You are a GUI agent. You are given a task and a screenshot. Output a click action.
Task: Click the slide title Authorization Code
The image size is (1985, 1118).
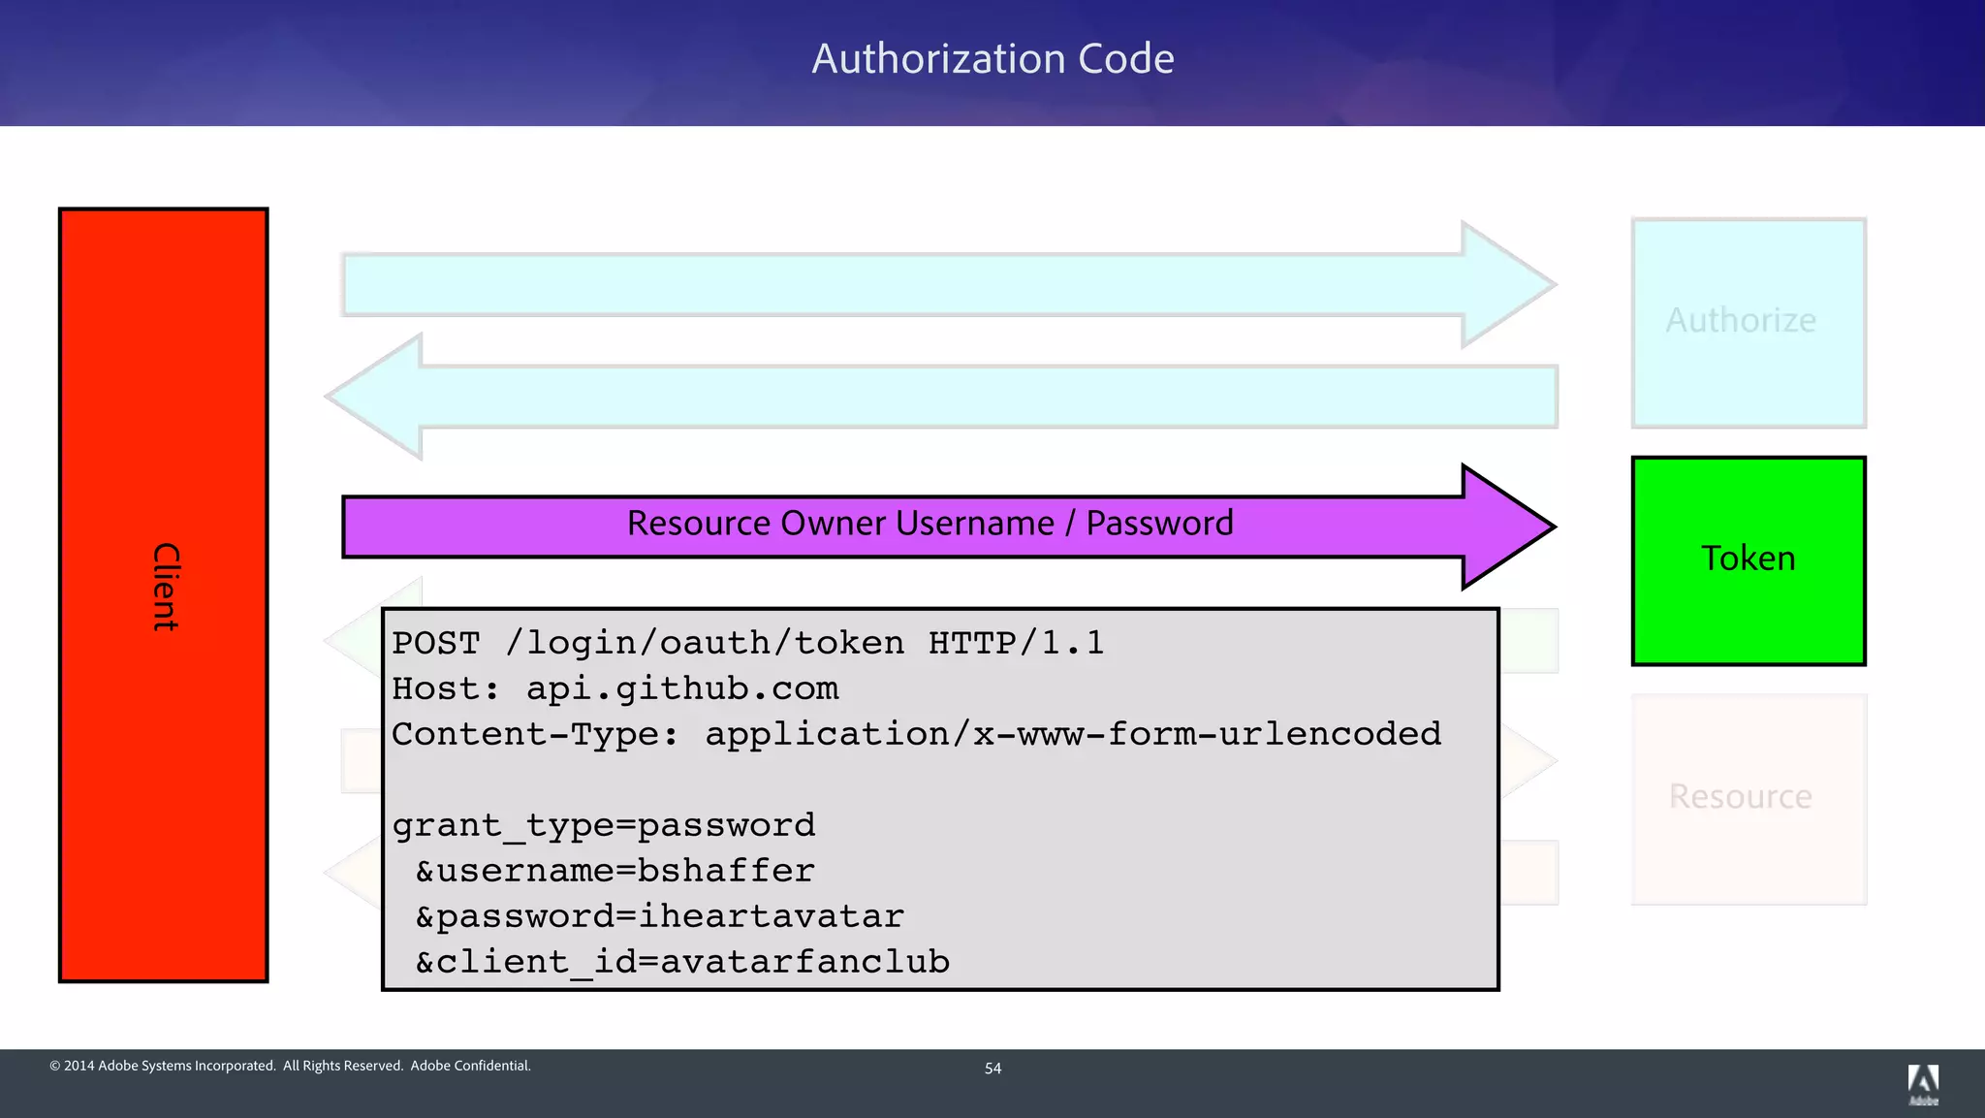pyautogui.click(x=992, y=59)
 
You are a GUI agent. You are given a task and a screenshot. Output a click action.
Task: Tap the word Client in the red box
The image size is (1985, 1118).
pyautogui.click(x=166, y=587)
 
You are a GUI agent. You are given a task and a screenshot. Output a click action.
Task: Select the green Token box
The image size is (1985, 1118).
pyautogui.click(x=1748, y=560)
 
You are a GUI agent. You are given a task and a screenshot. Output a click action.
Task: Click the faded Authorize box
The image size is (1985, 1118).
pyautogui.click(x=1748, y=322)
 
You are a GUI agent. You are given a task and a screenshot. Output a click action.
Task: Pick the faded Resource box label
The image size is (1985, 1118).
pyautogui.click(x=1740, y=797)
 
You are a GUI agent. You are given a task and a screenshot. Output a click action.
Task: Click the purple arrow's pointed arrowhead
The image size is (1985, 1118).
pyautogui.click(x=1507, y=527)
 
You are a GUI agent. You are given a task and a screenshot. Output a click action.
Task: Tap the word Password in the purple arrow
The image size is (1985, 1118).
pyautogui.click(x=1159, y=524)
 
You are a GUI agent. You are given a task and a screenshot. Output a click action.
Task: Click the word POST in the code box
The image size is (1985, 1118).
pyautogui.click(x=436, y=643)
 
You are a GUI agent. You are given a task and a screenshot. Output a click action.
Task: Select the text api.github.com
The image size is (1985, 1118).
pyautogui.click(x=681, y=688)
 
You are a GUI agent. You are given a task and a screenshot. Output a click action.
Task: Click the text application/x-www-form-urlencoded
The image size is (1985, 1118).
pyautogui.click(x=1072, y=734)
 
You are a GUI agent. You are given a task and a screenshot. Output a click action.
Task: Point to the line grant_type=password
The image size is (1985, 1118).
pyautogui.click(x=603, y=825)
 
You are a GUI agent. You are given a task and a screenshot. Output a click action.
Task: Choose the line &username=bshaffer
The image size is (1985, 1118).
pyautogui.click(x=614, y=871)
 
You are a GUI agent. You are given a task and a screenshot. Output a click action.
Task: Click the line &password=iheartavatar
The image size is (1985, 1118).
pyautogui.click(x=659, y=916)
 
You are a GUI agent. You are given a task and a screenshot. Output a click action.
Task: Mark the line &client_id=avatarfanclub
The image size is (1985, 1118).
pyautogui.click(x=682, y=962)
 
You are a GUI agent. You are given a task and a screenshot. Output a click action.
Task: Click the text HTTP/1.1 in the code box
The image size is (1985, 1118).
pyautogui.click(x=1016, y=643)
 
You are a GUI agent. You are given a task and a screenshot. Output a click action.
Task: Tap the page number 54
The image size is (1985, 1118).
pyautogui.click(x=992, y=1069)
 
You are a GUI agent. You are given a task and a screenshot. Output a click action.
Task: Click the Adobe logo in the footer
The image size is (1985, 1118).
pyautogui.click(x=1923, y=1083)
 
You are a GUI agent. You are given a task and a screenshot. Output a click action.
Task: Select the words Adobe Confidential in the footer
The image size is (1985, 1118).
pyautogui.click(x=470, y=1066)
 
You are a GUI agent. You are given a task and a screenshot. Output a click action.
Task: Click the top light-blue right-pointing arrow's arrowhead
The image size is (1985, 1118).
pyautogui.click(x=1507, y=284)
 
